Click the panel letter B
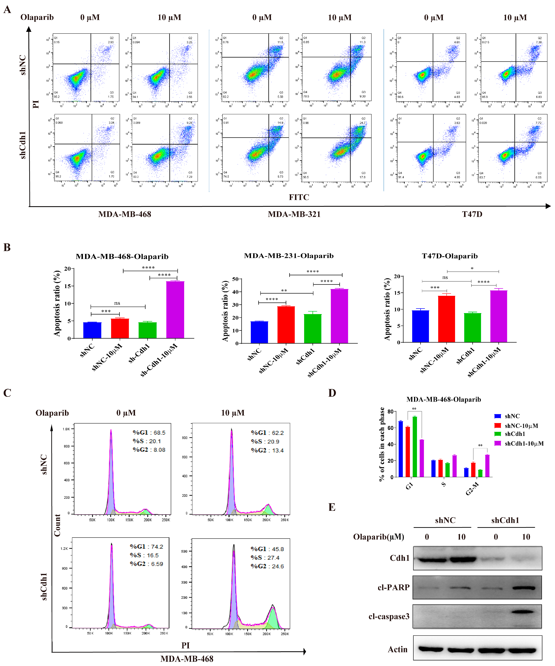[7, 247]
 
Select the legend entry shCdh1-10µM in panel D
[524, 443]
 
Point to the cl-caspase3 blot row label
[389, 617]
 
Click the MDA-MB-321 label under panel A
[294, 214]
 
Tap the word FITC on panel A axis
[299, 197]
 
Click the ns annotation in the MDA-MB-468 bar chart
[117, 303]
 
